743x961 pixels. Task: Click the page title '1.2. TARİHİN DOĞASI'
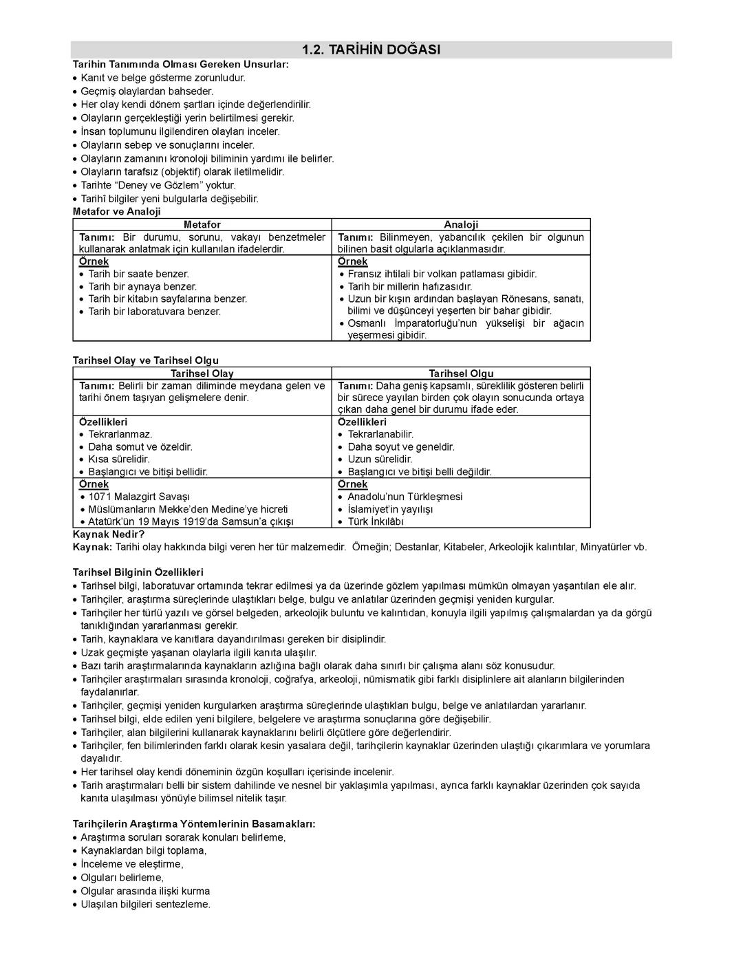click(371, 50)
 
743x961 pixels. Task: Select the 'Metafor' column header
click(202, 224)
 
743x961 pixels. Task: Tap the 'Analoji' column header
click(461, 224)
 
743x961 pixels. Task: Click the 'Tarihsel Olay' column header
click(202, 374)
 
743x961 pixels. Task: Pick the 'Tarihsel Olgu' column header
click(461, 374)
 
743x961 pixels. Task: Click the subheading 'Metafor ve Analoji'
click(117, 212)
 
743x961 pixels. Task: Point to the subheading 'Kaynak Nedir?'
click(109, 535)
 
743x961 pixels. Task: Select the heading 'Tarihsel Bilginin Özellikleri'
click(138, 572)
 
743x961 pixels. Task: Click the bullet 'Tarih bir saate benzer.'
click(138, 274)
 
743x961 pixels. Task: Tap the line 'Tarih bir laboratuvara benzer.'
click(155, 312)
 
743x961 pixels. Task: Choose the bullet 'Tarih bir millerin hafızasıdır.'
click(410, 286)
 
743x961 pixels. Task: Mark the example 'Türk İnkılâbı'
click(376, 522)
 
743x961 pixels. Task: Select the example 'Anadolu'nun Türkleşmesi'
click(405, 497)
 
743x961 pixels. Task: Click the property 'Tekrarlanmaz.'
click(120, 435)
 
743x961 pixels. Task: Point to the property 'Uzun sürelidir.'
click(380, 460)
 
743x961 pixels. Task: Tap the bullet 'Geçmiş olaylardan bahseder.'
click(147, 91)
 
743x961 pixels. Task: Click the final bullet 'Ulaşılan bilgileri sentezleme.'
click(145, 905)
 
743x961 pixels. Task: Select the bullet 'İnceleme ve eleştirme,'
click(132, 864)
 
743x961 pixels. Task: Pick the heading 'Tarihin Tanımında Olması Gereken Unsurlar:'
click(181, 64)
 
